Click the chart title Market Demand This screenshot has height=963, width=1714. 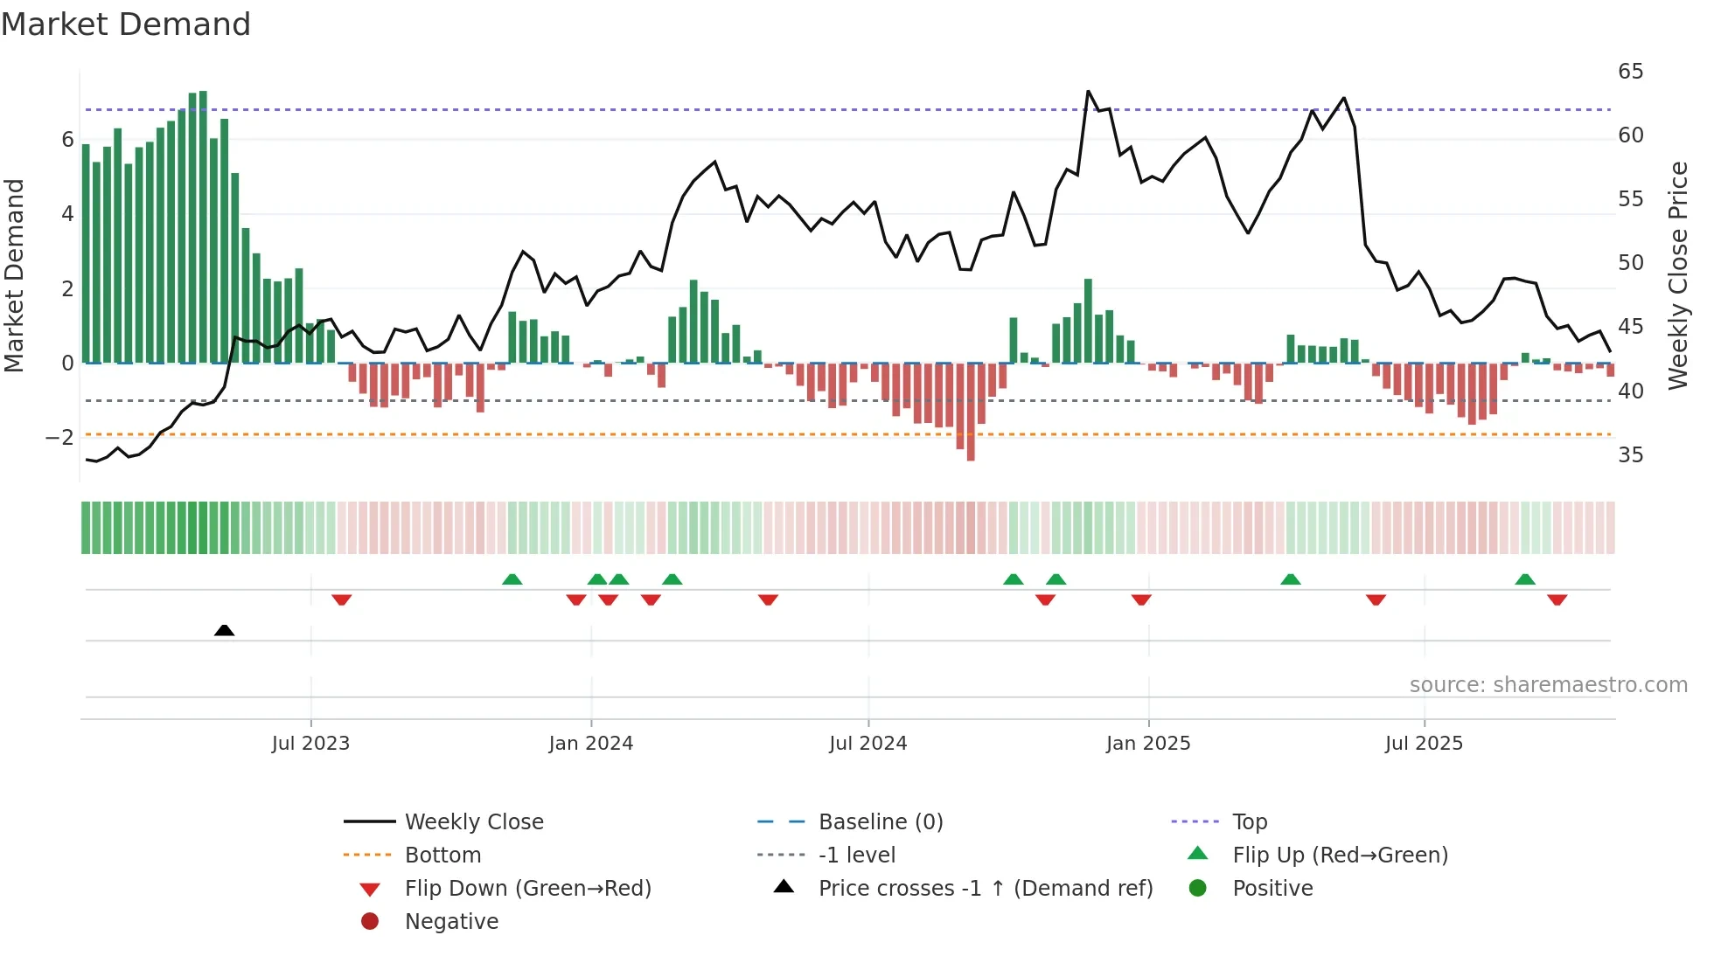point(126,24)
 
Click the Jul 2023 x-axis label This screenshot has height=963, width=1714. point(310,744)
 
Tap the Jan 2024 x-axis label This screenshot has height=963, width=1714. point(590,744)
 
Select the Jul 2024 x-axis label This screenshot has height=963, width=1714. point(867,744)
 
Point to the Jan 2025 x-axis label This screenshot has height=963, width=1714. point(1147,744)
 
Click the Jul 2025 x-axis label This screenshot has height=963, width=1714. point(1424,744)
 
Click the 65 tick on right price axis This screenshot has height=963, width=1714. point(1630,72)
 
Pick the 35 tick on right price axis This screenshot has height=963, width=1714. point(1630,455)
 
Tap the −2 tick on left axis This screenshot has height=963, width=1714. point(59,438)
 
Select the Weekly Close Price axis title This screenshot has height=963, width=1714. point(1677,275)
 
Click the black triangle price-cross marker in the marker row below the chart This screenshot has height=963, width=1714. point(224,630)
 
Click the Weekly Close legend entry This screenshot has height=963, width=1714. point(473,822)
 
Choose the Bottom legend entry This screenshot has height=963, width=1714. point(442,856)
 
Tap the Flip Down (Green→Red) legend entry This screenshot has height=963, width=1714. point(527,889)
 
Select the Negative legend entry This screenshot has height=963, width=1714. point(451,922)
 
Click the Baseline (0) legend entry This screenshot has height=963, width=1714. point(880,822)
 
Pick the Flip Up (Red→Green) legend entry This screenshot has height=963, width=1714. point(1340,856)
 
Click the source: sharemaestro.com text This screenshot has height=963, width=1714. point(1548,685)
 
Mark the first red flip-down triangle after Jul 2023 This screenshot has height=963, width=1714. point(342,599)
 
